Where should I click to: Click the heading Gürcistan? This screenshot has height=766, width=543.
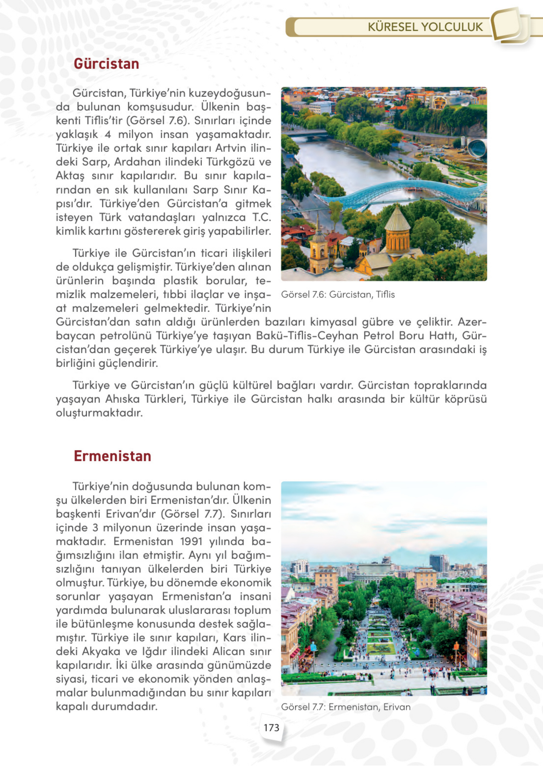tap(106, 64)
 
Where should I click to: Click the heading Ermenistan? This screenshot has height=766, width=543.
tap(112, 456)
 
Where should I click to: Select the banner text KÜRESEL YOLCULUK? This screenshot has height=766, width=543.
tap(425, 27)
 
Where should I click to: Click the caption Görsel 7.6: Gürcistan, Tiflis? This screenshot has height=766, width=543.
tap(338, 295)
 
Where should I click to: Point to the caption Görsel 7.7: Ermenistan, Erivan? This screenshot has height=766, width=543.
tap(346, 707)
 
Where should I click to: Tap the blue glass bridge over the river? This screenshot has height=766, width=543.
tap(394, 192)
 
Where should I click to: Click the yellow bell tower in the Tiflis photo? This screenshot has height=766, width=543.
tap(319, 251)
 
